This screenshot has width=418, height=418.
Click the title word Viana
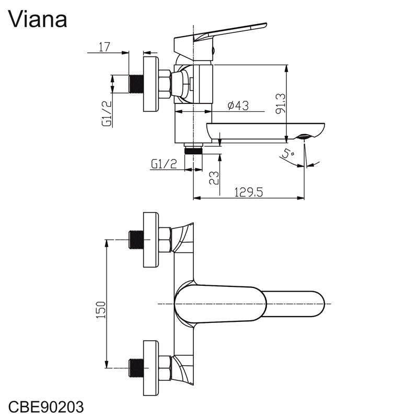38,19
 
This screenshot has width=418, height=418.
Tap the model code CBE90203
46,405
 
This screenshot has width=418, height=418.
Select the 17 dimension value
104,47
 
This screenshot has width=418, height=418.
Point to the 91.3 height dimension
280,104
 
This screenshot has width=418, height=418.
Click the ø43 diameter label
238,106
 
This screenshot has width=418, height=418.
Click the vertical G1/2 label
107,114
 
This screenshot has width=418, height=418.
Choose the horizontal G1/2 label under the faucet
164,164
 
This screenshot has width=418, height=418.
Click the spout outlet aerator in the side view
305,137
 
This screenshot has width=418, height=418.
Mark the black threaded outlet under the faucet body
194,150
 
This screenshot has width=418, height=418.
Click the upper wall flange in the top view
150,240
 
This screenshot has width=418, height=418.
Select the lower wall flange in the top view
150,368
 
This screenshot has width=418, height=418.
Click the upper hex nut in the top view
165,240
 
